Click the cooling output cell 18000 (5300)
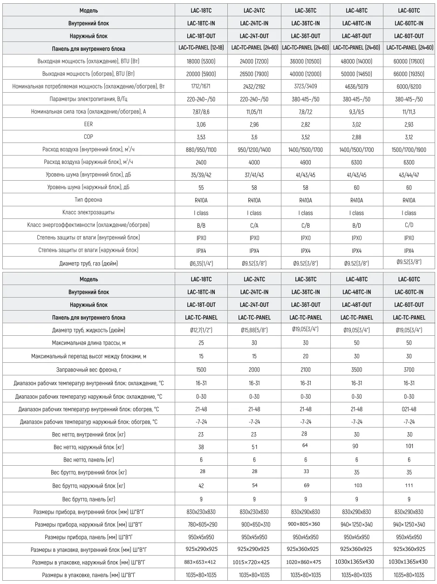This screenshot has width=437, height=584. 202,61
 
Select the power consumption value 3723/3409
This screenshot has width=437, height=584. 306,87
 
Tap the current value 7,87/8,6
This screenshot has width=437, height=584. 202,112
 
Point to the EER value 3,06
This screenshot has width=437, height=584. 202,124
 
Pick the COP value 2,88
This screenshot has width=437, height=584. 356,137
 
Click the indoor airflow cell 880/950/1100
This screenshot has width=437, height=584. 202,150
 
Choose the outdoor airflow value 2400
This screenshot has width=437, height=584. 202,163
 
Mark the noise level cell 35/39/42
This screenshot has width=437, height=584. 202,175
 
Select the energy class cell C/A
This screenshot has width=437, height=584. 254,225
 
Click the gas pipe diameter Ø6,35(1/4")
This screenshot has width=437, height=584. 202,264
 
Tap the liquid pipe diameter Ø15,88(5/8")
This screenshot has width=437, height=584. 254,330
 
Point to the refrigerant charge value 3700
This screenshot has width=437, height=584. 409,370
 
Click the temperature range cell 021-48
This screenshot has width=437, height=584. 409,409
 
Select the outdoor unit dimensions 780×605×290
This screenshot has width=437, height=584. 202,524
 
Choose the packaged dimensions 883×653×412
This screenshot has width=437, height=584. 202,562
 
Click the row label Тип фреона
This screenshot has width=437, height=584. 89,200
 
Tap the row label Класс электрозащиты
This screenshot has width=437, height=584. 89,213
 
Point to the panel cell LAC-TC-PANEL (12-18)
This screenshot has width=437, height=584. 202,48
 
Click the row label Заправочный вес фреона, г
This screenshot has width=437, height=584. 89,370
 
